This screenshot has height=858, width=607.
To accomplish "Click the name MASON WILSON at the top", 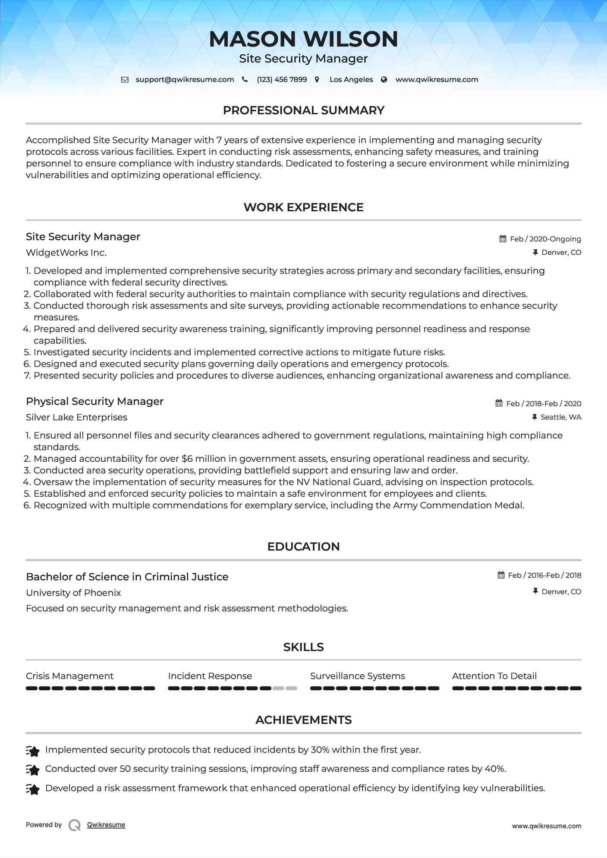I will [x=303, y=39].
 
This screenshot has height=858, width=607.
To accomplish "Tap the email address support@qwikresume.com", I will [x=185, y=79].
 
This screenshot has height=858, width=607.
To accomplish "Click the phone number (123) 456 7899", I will [x=282, y=79].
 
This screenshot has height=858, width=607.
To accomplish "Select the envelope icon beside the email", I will [x=125, y=79].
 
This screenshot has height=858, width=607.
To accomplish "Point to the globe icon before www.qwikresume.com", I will [x=384, y=79].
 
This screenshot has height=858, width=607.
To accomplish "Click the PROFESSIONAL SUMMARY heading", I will [x=303, y=110].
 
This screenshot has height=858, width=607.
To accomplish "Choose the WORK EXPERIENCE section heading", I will [x=303, y=207].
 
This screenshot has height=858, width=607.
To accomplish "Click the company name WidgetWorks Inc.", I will [x=66, y=253].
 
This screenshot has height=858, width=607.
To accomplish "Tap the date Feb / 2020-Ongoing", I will [x=545, y=239].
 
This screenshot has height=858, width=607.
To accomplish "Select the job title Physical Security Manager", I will [x=94, y=401].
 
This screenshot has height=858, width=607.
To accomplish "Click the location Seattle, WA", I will [x=561, y=417].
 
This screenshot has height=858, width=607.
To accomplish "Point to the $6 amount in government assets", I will [x=187, y=459].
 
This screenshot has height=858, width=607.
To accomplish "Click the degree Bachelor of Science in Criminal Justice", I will [x=127, y=577].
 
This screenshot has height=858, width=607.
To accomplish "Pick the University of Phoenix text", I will [x=73, y=593].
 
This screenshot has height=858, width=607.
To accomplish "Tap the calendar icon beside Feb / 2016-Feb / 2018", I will [x=501, y=575].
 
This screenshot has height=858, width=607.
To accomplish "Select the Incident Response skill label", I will [x=210, y=676].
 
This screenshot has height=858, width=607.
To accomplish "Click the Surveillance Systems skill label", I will [x=357, y=676].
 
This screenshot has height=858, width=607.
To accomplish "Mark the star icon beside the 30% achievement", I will [x=33, y=751].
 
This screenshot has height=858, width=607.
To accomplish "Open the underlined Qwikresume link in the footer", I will [x=106, y=825].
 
